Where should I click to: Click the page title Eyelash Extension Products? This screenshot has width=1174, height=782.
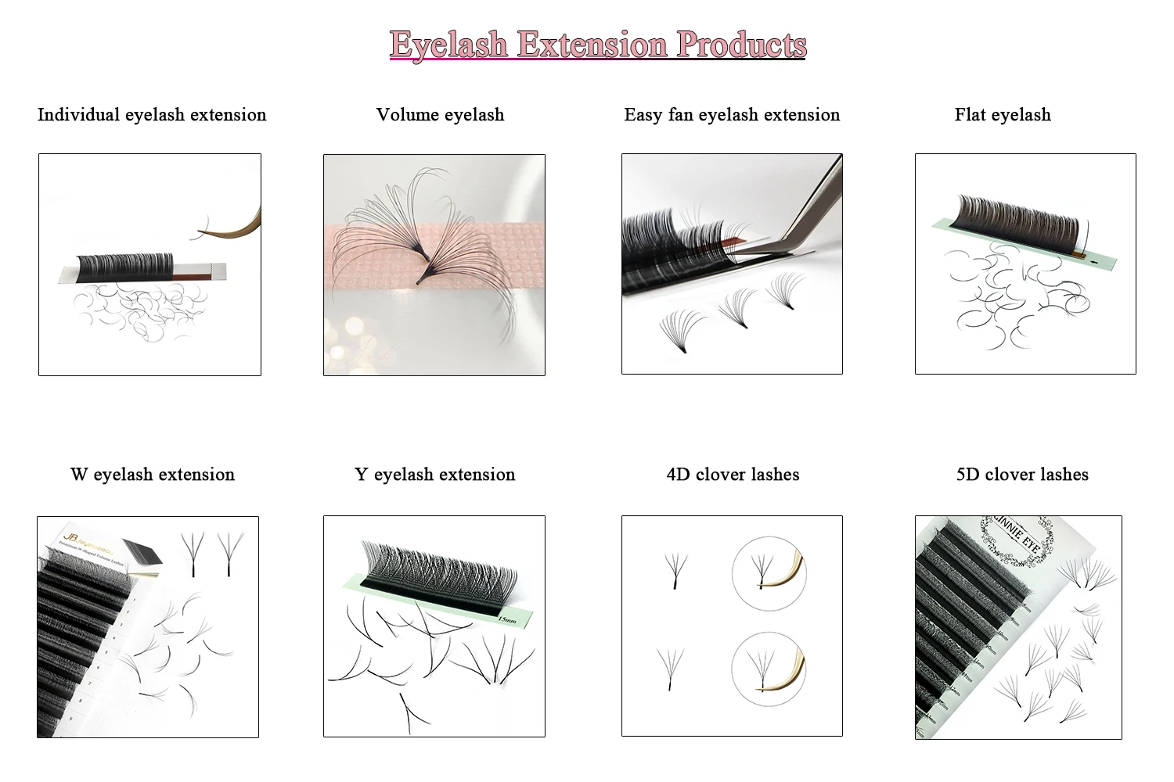point(597,45)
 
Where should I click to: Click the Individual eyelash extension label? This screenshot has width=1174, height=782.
point(152,115)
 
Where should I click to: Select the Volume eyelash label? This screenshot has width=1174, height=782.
point(440,115)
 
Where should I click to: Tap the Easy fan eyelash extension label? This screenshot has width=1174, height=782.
point(732,115)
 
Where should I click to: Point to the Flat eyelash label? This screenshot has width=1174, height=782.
point(1003,115)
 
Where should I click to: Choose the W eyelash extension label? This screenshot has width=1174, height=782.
point(153,475)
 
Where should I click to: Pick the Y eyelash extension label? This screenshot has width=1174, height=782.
point(434,475)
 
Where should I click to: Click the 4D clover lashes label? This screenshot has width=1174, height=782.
point(733,475)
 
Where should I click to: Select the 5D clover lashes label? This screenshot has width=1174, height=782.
point(1022,475)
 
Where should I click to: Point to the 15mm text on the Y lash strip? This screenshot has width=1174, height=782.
point(507,620)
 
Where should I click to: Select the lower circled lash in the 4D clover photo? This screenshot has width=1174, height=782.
point(769,666)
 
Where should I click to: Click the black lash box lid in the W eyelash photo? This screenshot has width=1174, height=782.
point(142,554)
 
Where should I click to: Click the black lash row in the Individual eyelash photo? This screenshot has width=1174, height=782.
point(125,266)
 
